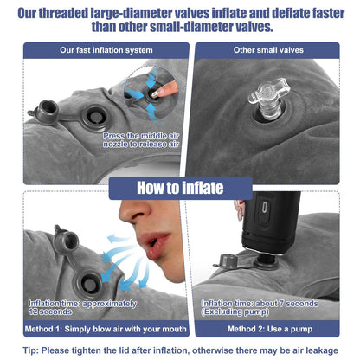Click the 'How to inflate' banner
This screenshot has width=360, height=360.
180,188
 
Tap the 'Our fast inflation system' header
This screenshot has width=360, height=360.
106,50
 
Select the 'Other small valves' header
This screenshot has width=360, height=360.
268,50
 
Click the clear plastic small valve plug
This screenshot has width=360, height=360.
268,98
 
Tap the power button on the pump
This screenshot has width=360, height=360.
264,208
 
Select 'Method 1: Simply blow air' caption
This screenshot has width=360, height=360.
106,329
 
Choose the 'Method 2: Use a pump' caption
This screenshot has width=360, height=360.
270,329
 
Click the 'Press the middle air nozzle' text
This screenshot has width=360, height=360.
141,140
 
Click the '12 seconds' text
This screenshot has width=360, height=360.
50,312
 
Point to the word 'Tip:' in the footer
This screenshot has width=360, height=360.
30,350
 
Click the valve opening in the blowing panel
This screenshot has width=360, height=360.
89,284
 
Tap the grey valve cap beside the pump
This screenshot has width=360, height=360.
228,260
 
